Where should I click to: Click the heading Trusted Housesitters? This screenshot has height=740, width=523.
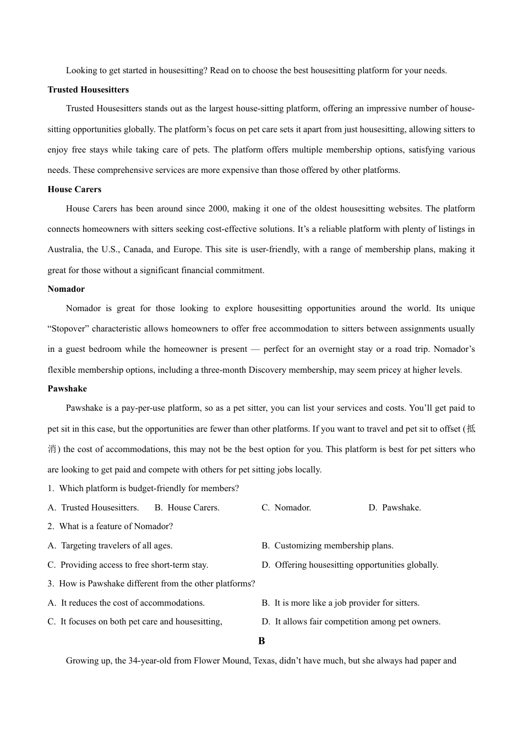coord(88,90)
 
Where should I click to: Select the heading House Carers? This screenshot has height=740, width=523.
coord(74,189)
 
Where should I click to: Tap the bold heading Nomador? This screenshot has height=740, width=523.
coord(66,289)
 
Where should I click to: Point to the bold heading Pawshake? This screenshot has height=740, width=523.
coord(67,389)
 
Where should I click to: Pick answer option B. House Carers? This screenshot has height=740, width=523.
coord(187,508)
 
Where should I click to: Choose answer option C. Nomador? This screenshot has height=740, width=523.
coord(286,508)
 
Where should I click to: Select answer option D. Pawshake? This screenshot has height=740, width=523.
coord(395,508)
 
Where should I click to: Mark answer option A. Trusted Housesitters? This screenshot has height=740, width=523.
coord(94,508)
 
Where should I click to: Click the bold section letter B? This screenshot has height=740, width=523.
coord(261,641)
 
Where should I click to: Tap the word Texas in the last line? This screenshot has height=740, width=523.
coord(264,661)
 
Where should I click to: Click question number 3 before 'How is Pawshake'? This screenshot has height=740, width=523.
coord(50,584)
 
